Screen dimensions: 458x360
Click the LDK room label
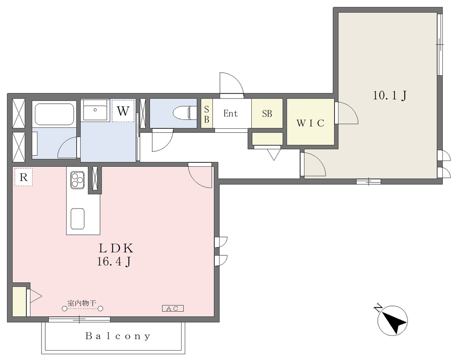[x=116, y=248]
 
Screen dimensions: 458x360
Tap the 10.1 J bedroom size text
[x=390, y=95]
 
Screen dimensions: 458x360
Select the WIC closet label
[x=310, y=123]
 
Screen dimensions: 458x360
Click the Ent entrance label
[x=230, y=113]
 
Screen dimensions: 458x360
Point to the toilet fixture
[x=185, y=113]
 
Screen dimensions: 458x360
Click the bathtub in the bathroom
[x=54, y=114]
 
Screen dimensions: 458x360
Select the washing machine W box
[x=123, y=110]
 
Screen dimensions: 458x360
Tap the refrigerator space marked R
[x=23, y=177]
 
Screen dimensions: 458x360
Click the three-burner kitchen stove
[x=77, y=179]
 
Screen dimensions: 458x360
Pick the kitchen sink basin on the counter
[x=77, y=219]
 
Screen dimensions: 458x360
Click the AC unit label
[x=173, y=308]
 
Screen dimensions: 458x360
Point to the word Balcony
[x=118, y=336]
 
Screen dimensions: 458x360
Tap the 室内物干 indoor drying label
[x=82, y=303]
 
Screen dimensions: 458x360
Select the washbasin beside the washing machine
[x=95, y=110]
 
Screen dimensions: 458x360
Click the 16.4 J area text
[x=114, y=262]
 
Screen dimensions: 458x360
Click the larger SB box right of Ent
[x=267, y=113]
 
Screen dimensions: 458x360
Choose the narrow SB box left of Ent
[x=207, y=114]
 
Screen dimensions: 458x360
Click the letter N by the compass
[x=378, y=308]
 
